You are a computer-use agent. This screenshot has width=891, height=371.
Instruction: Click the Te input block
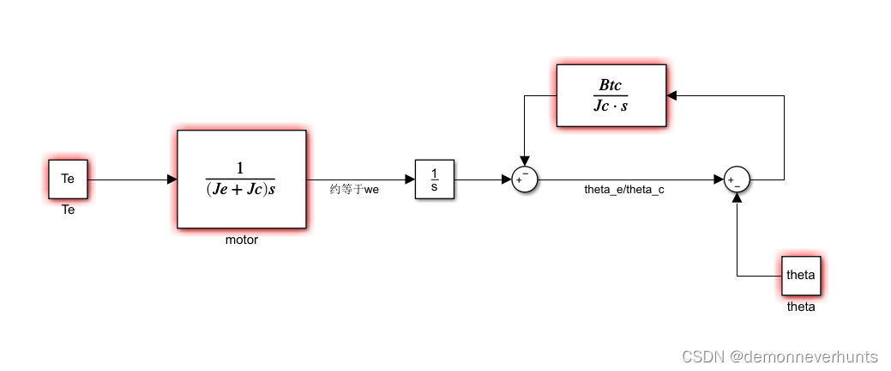(x=68, y=179)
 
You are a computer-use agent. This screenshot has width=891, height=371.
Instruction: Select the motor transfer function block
(x=241, y=179)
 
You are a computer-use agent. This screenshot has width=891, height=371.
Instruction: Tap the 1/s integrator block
(x=435, y=179)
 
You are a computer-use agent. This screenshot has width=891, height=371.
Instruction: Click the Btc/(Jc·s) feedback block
(x=611, y=96)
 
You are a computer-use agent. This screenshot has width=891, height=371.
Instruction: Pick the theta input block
(x=800, y=276)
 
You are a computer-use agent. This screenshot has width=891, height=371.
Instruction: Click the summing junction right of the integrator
(x=524, y=179)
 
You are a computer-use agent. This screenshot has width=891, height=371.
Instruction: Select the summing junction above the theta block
(x=737, y=179)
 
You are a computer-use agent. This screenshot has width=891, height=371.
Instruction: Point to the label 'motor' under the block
(x=241, y=240)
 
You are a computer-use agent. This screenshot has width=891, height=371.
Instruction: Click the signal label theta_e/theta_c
(x=624, y=190)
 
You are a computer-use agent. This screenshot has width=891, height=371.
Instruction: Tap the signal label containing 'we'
(x=354, y=190)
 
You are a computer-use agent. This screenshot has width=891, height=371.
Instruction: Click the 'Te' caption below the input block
(x=68, y=210)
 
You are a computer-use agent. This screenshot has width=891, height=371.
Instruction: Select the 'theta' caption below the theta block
(x=800, y=307)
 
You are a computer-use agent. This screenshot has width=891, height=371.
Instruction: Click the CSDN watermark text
(x=780, y=356)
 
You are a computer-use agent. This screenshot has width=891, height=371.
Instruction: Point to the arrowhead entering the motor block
(x=172, y=179)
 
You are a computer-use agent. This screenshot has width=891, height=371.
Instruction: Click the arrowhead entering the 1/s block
(x=410, y=179)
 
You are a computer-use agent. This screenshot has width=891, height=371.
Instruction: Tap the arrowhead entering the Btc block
(x=672, y=96)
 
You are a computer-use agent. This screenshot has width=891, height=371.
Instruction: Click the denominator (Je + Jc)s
(x=241, y=190)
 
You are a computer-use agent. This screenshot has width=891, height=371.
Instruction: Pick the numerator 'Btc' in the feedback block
(x=611, y=85)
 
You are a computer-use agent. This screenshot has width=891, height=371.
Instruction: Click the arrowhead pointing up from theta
(x=737, y=197)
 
